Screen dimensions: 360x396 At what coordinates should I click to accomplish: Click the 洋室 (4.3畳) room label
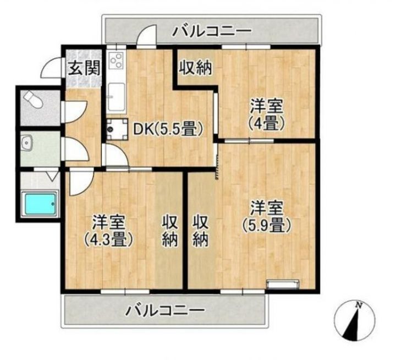108,231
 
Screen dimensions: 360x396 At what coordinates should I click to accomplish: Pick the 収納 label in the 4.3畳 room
169,231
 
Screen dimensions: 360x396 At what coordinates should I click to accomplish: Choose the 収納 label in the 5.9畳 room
200,231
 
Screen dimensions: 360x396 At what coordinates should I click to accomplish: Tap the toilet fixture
34,101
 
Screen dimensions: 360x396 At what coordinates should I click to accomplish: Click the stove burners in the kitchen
116,62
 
